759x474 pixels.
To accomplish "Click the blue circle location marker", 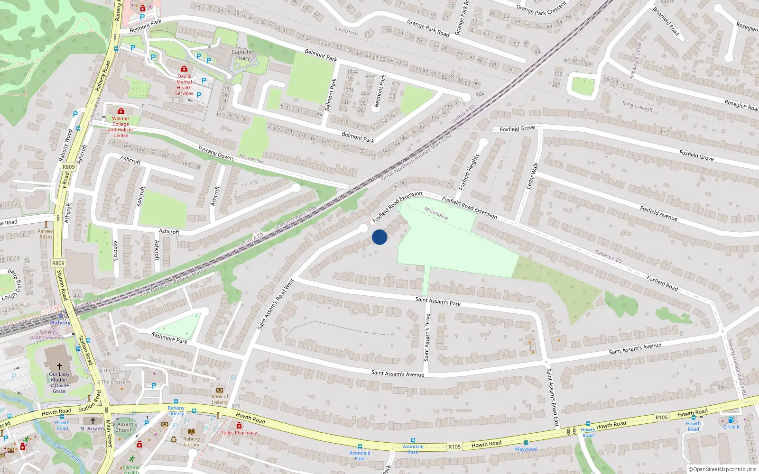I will coord(379,237).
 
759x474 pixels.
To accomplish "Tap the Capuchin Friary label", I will coord(243,55).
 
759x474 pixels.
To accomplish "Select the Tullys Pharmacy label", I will coord(239,432).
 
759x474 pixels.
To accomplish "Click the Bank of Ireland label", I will coord(220,399).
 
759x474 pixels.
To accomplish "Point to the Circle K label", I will coord(731,427).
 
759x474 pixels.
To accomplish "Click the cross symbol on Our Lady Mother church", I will coord(59,366).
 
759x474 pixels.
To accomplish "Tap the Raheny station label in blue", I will coord(61,322).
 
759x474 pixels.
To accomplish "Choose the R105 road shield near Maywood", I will coord(454,447).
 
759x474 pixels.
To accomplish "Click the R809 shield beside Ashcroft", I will coord(69,167).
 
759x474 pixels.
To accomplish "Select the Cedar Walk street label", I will coord(532,176).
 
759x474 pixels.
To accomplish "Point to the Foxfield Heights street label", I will coord(469,172).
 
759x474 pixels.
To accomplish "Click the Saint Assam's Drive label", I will coord(427,337).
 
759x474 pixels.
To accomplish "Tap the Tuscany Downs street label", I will coord(216,152).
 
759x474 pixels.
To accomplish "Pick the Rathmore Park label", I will coord(169,337).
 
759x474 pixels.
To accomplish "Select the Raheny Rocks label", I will coord(46,234).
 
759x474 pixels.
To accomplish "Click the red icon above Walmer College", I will coord(121,111).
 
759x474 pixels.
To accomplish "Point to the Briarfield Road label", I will coord(666,21).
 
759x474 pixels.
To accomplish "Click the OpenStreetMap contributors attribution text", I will coord(723,469).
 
